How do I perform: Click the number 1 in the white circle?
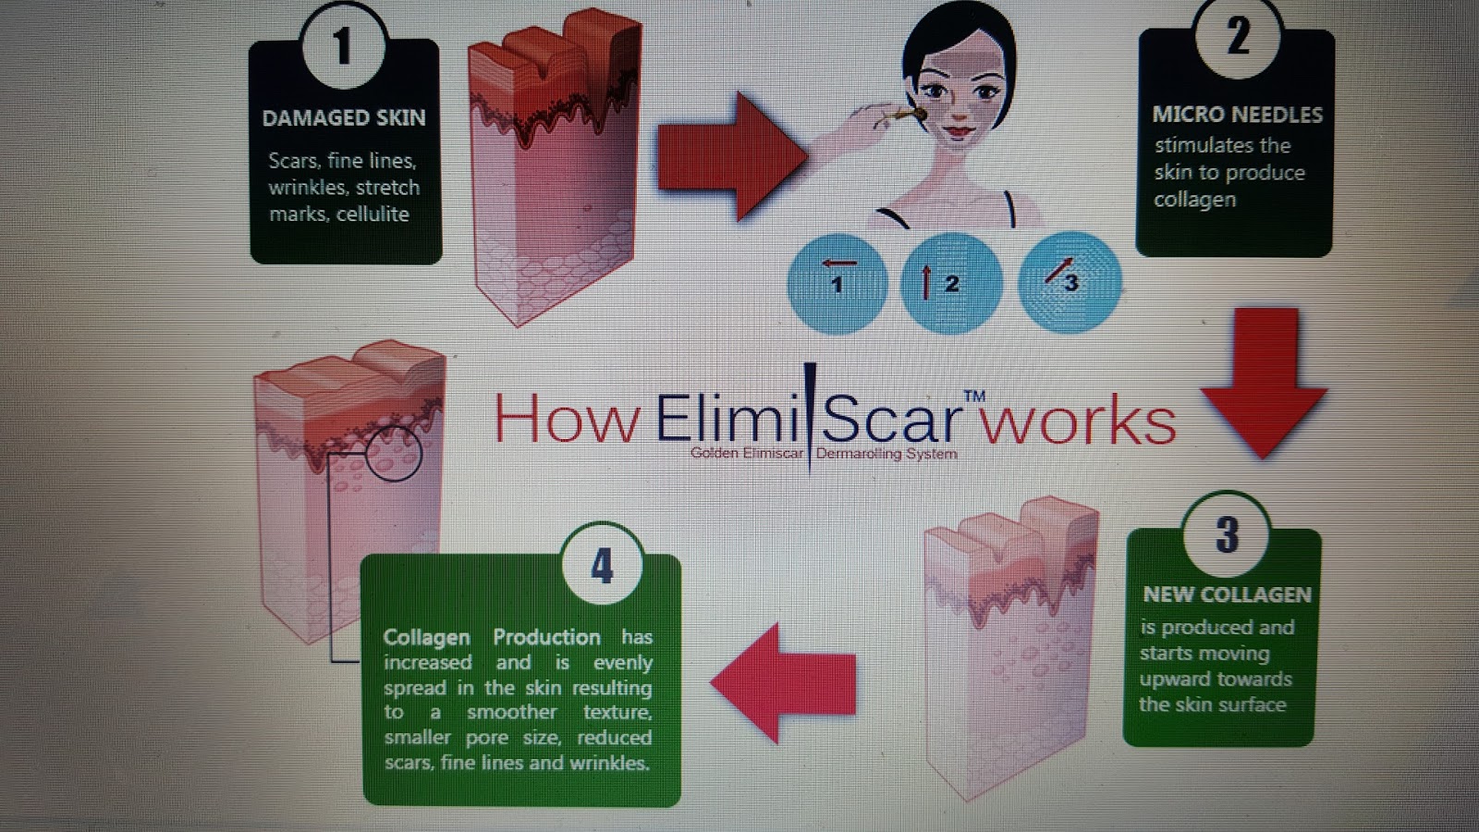point(343,46)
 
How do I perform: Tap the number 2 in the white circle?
point(1237,37)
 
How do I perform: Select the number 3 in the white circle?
point(1227,535)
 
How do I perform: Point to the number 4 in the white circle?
point(603,566)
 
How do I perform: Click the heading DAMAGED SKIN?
point(344,118)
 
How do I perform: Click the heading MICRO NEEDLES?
point(1237,115)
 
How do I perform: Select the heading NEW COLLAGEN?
point(1227,594)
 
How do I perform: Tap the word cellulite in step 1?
point(373,214)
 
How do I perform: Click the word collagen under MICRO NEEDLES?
point(1194,200)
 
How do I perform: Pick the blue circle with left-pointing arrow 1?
point(837,283)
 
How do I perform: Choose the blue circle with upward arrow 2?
point(950,283)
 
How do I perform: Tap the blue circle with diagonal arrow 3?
point(1070,281)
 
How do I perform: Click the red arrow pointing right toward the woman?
point(730,155)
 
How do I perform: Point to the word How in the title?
point(566,420)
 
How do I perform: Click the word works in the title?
point(1078,422)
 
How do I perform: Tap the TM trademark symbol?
point(974,397)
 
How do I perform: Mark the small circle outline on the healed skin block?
point(394,453)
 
